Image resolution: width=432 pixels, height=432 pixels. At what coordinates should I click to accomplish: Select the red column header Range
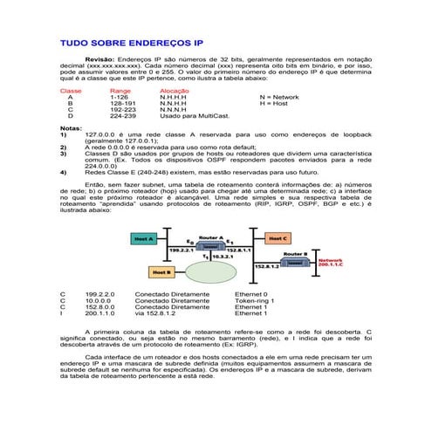pos(120,91)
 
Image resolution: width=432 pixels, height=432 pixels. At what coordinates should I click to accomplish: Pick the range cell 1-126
pos(119,97)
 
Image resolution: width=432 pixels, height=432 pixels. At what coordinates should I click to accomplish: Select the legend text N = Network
pos(279,97)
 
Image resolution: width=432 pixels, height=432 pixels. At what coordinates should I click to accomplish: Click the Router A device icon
pos(209,247)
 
